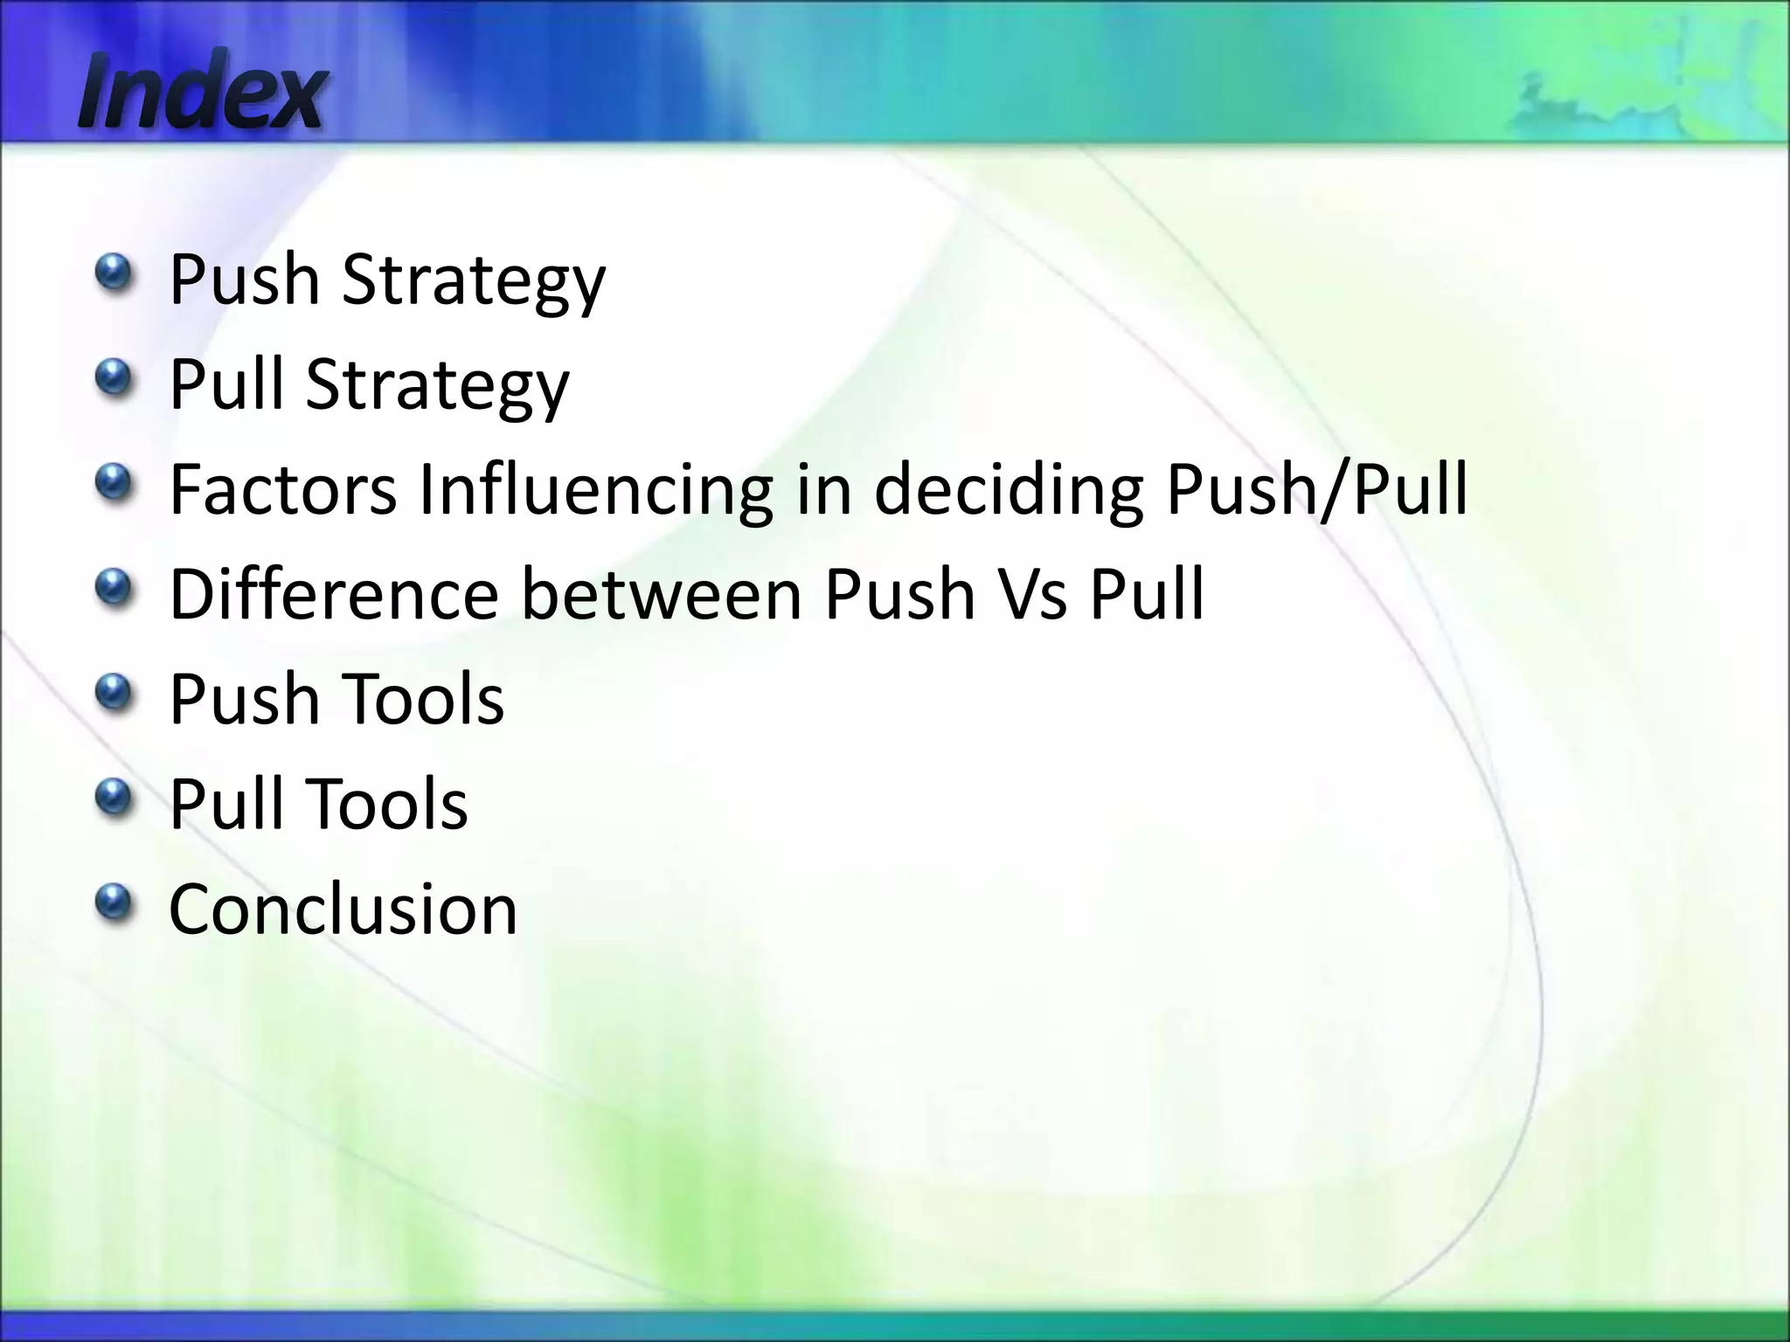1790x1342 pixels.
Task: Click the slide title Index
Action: pos(202,91)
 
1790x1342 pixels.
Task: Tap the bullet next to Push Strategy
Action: pos(114,272)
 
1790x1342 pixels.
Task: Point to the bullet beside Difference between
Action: pos(114,586)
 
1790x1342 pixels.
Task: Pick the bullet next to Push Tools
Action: pos(114,691)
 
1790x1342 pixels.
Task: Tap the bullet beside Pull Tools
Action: pos(114,796)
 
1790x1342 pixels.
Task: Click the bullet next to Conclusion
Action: pos(114,901)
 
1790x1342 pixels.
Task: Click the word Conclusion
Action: pos(343,909)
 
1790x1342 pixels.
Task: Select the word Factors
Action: pos(282,489)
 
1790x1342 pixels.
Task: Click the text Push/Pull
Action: pos(1316,489)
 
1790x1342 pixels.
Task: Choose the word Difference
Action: pos(333,594)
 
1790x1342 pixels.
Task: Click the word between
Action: pos(662,594)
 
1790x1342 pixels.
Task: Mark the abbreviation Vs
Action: pos(1031,594)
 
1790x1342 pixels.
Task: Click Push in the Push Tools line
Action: pos(244,699)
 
